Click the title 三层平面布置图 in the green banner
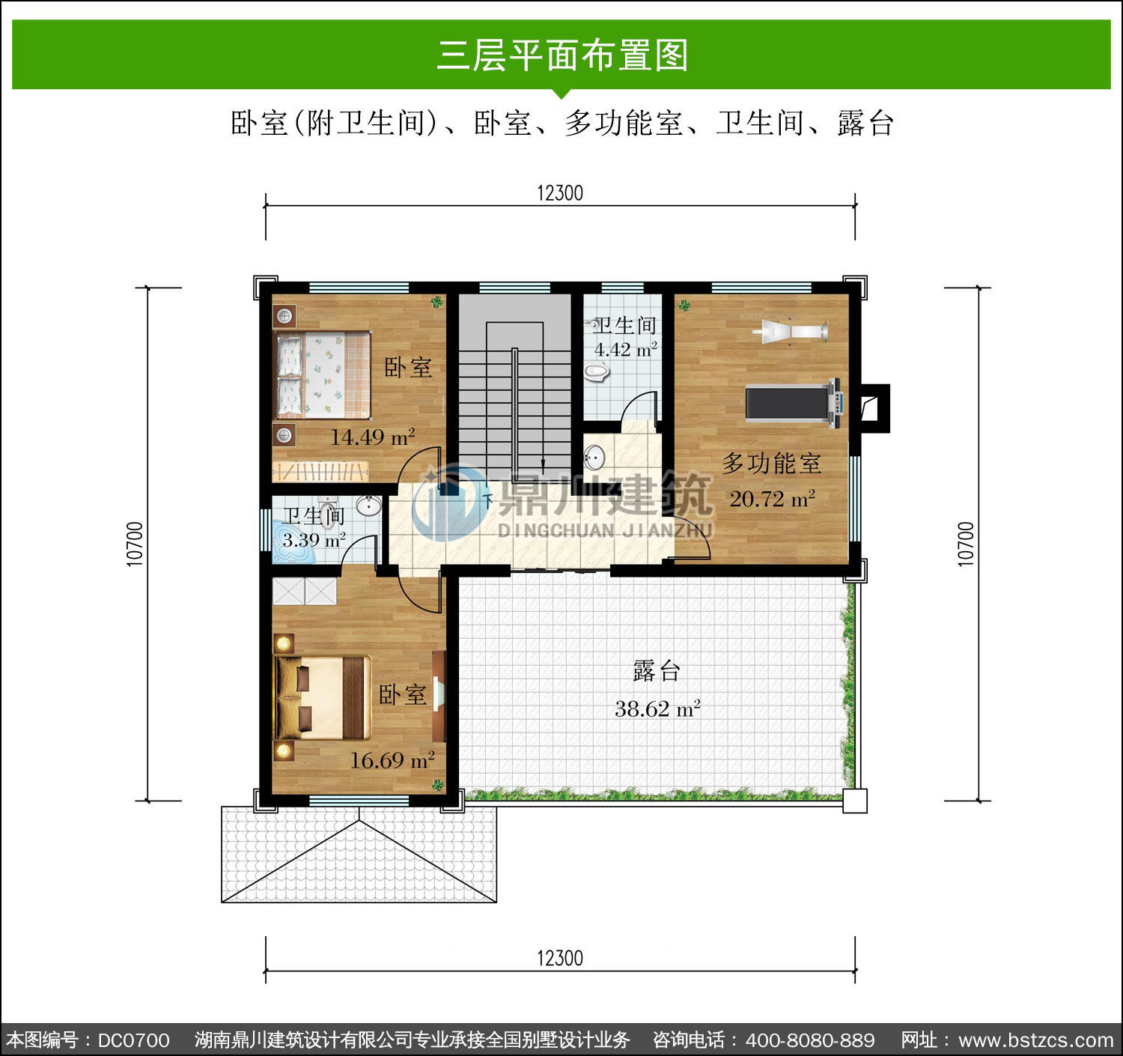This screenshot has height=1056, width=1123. click(x=562, y=55)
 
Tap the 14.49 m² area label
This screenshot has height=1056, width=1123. click(x=372, y=437)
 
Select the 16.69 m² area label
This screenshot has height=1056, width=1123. click(x=392, y=760)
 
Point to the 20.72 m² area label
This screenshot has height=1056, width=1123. click(x=772, y=499)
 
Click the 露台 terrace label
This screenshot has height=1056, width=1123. click(x=656, y=671)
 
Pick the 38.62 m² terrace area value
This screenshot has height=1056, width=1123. click(x=657, y=708)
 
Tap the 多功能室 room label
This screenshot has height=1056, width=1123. click(x=771, y=464)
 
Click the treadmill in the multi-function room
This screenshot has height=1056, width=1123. click(x=794, y=404)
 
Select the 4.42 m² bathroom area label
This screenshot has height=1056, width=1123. click(x=625, y=350)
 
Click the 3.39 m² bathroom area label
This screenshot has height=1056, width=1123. click(x=314, y=540)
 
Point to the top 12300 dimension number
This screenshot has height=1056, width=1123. click(x=560, y=193)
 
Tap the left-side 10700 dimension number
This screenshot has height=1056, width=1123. click(x=135, y=544)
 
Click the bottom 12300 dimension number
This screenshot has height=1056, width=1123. click(x=560, y=958)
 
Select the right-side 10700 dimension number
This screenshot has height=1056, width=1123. click(x=966, y=544)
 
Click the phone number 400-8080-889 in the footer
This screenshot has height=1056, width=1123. click(x=810, y=1040)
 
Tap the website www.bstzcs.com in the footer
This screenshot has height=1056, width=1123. click(x=1036, y=1040)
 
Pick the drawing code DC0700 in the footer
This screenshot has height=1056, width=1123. click(x=133, y=1040)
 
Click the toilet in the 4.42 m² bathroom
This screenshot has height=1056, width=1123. click(x=597, y=372)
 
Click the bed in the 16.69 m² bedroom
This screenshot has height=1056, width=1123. click(x=323, y=698)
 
